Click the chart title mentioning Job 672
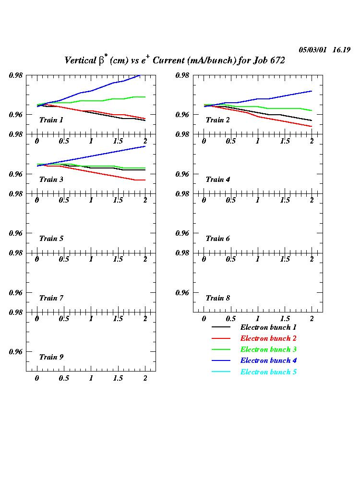coord(174,60)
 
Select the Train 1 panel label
coord(51,120)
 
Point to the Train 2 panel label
coord(217,120)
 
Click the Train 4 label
coord(217,180)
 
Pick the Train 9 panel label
coord(51,357)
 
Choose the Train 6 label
coord(217,239)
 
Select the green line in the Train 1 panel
coord(96,101)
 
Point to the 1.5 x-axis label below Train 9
coord(118,378)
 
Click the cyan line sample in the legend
coord(221,372)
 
